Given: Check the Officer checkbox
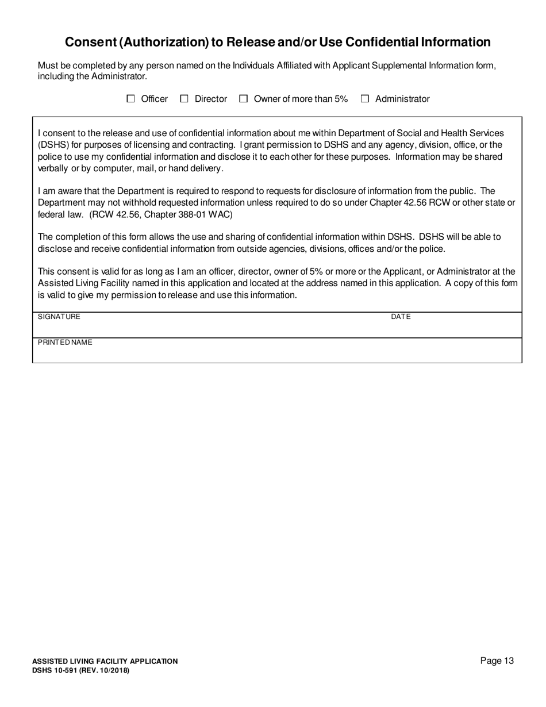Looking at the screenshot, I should tap(130, 99).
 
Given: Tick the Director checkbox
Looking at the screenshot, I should tap(184, 99).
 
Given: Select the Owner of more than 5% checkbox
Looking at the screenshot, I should tap(244, 99).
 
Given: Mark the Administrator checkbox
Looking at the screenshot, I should tap(365, 99).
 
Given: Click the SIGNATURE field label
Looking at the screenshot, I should tap(59, 317).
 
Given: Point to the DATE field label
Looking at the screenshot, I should tap(401, 317).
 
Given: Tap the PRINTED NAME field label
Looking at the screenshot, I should tap(65, 343).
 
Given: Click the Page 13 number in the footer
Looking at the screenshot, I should tap(497, 661).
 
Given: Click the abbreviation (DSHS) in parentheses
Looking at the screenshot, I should tap(53, 145).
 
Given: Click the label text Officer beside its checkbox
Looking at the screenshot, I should tap(154, 99).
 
